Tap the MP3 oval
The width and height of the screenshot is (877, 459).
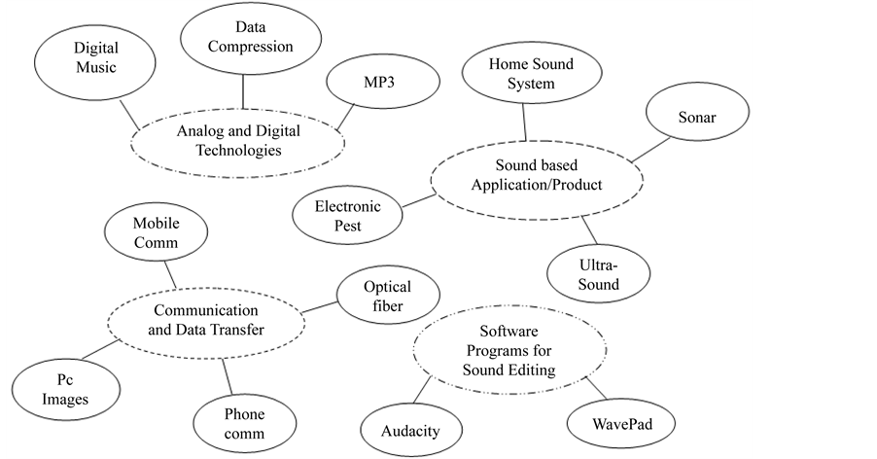(x=369, y=84)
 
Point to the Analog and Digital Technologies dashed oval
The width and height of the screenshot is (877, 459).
(x=237, y=140)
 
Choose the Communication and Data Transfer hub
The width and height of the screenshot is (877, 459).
(x=210, y=320)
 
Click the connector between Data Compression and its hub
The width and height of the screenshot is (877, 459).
(x=241, y=94)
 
